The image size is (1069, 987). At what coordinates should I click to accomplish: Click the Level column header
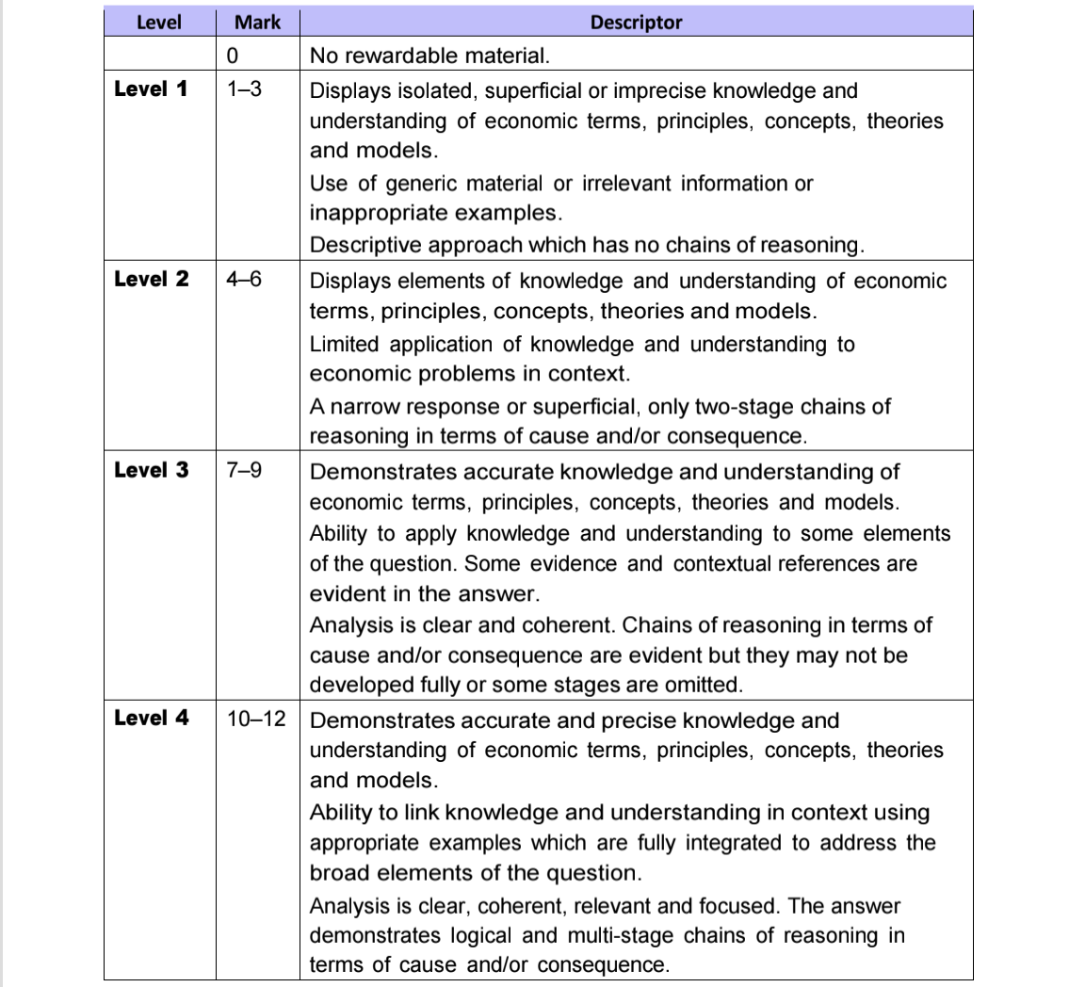(x=158, y=22)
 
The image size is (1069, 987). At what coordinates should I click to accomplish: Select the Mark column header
(x=257, y=22)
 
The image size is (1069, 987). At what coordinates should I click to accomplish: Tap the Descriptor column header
(x=636, y=22)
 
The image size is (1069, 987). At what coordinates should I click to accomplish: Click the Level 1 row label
(x=151, y=89)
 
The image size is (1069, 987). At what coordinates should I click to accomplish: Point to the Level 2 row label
(x=151, y=279)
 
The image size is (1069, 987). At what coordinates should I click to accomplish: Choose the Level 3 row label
(x=151, y=469)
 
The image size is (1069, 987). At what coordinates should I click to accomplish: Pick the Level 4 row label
(x=151, y=718)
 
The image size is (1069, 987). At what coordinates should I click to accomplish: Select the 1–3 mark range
(x=244, y=90)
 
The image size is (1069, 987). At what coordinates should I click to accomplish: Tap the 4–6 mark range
(x=244, y=280)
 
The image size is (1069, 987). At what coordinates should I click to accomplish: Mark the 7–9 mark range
(x=244, y=470)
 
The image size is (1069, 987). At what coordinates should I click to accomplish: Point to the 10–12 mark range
(x=256, y=719)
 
